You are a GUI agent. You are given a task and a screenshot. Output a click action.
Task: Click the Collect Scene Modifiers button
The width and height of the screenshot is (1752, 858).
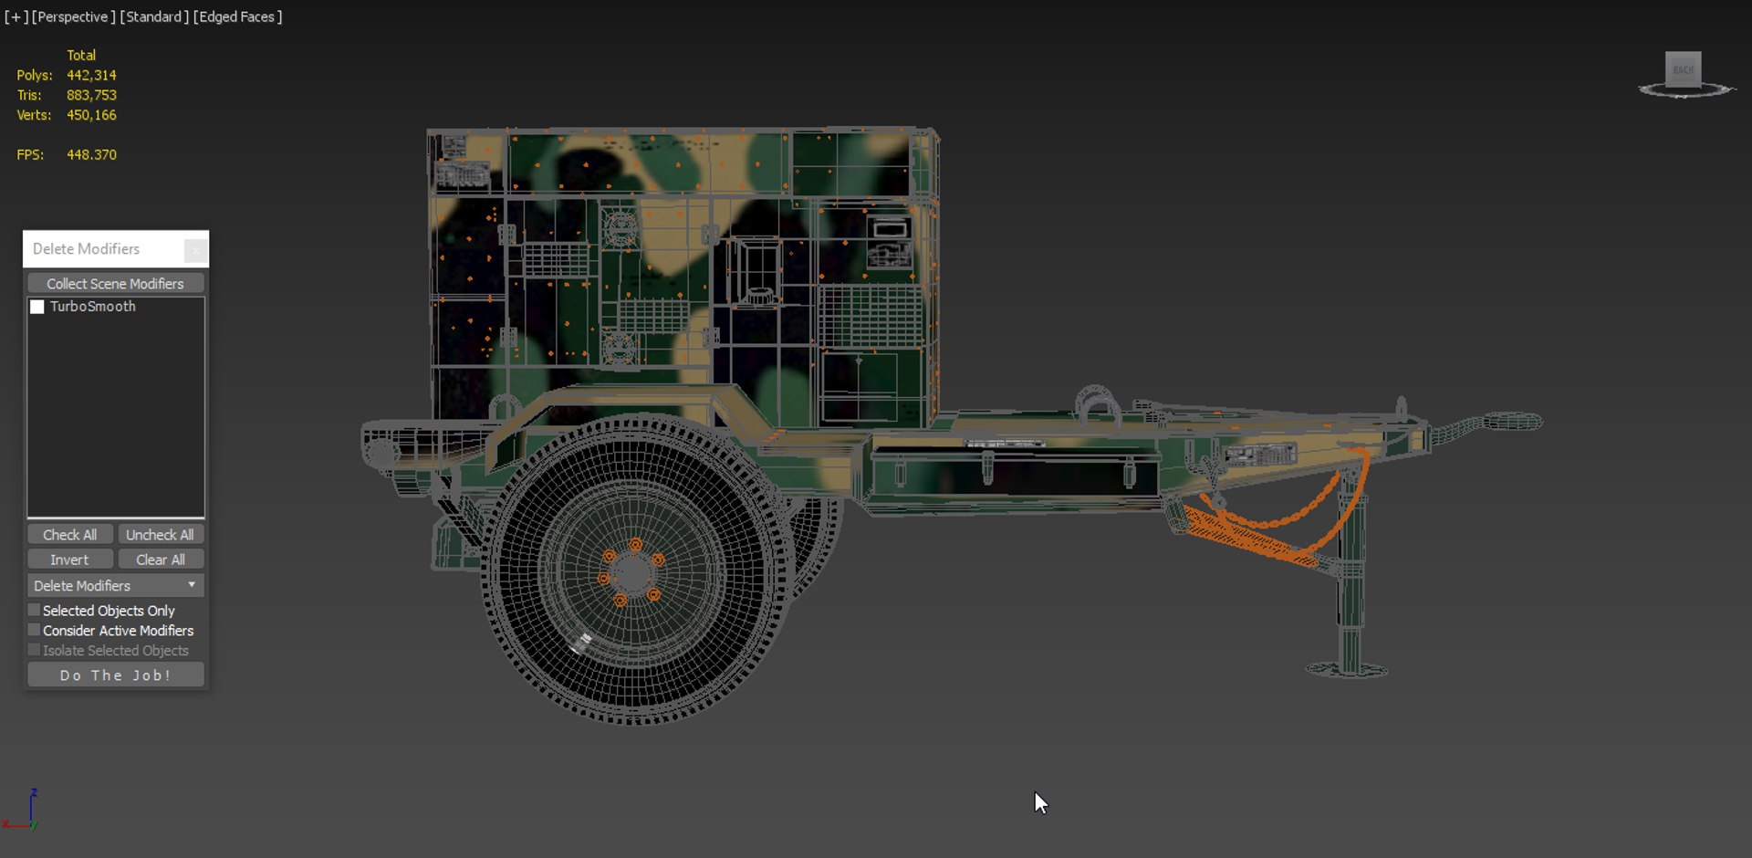[x=115, y=284]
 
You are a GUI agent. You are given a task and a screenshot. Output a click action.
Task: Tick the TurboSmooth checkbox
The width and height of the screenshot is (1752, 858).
[x=37, y=307]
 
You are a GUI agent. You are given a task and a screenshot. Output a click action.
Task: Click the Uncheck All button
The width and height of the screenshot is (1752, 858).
[x=160, y=535]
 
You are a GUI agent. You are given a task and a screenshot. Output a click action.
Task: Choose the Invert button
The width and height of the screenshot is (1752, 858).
[x=69, y=560]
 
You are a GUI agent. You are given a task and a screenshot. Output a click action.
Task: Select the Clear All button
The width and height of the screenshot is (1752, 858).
[x=160, y=560]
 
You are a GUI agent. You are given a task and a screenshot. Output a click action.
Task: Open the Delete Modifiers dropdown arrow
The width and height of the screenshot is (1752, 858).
[x=192, y=585]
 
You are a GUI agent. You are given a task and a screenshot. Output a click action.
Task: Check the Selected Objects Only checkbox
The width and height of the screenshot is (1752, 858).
[x=35, y=610]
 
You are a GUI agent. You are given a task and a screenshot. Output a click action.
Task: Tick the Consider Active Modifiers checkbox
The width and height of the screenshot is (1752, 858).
[x=35, y=630]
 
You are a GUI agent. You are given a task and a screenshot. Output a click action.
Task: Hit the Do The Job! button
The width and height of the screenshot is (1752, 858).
[x=115, y=675]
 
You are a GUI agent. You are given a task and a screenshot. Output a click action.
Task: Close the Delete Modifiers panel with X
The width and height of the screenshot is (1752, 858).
[x=195, y=249]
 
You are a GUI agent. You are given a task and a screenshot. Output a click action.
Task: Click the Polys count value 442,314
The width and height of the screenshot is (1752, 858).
[x=91, y=75]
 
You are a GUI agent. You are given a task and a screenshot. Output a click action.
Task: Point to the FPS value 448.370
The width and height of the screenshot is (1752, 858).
[x=91, y=154]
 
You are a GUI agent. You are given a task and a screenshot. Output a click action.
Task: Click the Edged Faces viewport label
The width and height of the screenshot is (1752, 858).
[x=237, y=16]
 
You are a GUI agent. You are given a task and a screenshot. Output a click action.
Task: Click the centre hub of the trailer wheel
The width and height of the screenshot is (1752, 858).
[x=631, y=574]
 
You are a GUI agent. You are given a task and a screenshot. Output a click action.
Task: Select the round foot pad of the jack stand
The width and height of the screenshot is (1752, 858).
[x=1347, y=670]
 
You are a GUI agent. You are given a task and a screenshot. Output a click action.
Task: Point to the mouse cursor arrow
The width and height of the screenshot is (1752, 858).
[x=1039, y=800]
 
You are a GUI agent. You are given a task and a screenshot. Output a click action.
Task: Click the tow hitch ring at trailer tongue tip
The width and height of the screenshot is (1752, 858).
[x=1513, y=422]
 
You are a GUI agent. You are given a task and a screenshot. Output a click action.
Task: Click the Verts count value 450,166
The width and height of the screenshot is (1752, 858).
[x=91, y=115]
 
